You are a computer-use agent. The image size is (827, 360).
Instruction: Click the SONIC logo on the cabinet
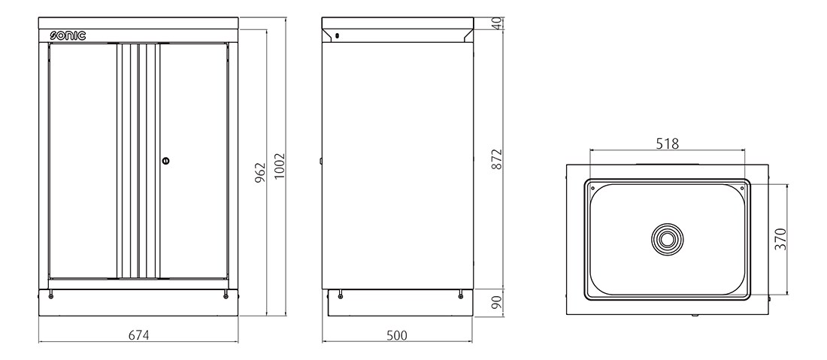point(68,36)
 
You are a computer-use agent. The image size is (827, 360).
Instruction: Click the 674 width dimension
point(139,334)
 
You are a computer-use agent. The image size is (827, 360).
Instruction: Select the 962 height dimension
point(260,173)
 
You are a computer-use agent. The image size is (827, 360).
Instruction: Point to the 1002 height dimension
point(280,166)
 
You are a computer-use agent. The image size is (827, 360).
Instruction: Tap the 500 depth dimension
point(397,334)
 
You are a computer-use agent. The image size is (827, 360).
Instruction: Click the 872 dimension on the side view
point(496,159)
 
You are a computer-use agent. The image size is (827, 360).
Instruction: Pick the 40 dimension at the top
point(496,23)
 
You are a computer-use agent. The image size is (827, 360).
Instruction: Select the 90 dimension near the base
point(496,303)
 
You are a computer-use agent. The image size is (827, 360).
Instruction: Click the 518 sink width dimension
point(667,143)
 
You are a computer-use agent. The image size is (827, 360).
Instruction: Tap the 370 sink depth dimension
point(780,239)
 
